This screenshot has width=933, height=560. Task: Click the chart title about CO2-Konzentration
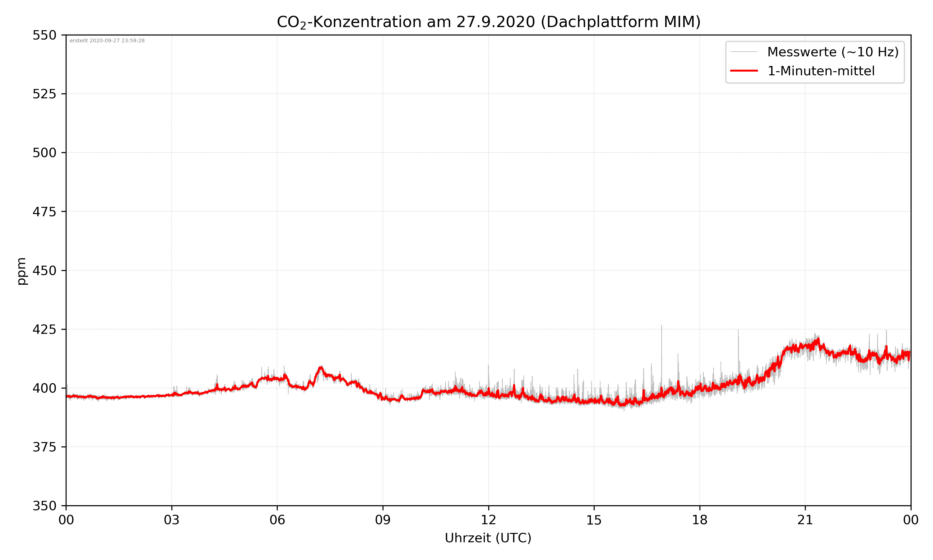tap(488, 22)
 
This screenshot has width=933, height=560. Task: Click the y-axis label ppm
tap(21, 271)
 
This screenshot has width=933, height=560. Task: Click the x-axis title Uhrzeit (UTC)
tap(488, 538)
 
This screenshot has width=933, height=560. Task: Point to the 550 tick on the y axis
tap(44, 35)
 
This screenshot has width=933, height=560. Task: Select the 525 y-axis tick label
tap(44, 94)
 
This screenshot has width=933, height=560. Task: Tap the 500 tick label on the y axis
tap(44, 153)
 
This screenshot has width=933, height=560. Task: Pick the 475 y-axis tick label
tap(44, 212)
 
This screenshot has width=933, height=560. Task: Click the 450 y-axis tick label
tap(44, 271)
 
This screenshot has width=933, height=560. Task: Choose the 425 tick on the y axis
tap(44, 329)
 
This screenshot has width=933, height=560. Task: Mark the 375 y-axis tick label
tap(44, 447)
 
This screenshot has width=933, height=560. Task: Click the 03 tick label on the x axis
tap(172, 520)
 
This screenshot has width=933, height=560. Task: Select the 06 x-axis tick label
tap(277, 520)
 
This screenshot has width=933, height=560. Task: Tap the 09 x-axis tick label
tap(383, 520)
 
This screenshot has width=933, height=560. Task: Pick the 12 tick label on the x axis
tap(488, 520)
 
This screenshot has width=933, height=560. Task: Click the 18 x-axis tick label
tap(699, 520)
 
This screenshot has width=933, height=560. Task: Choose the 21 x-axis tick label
tap(805, 520)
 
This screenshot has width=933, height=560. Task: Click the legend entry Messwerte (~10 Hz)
tap(833, 52)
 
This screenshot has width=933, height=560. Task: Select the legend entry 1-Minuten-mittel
tap(821, 71)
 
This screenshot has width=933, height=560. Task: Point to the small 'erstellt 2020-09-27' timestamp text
tap(107, 41)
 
